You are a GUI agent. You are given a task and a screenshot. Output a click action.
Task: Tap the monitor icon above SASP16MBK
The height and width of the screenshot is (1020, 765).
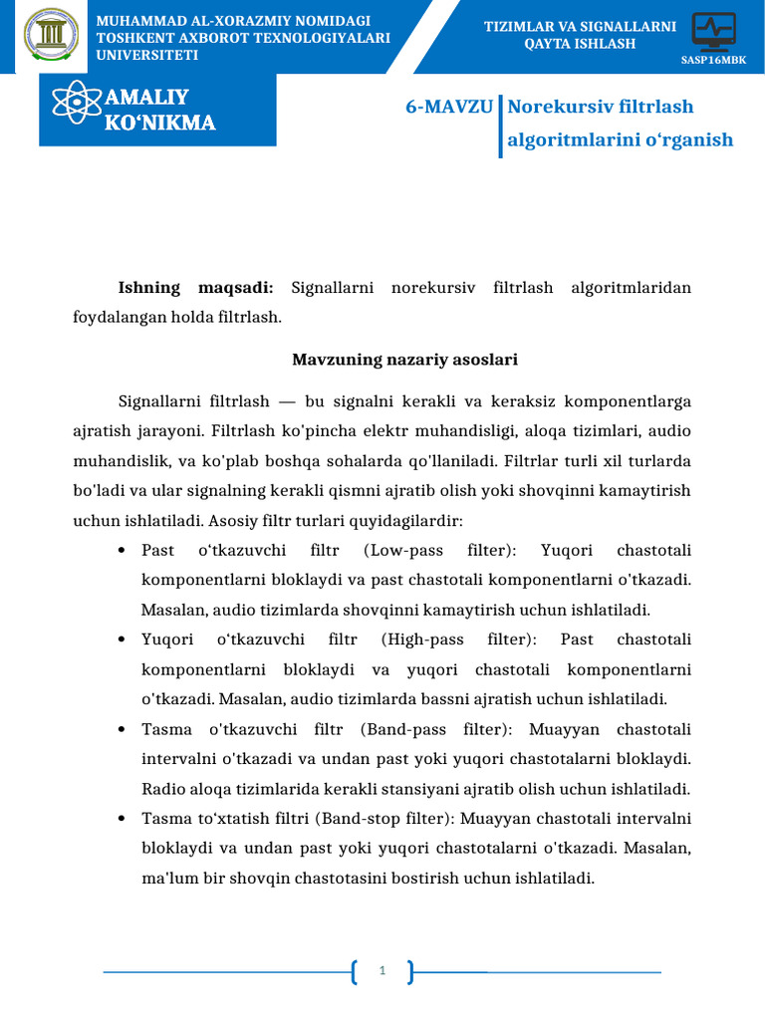713,31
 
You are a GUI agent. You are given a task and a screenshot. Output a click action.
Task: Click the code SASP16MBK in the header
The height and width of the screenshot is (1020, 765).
713,60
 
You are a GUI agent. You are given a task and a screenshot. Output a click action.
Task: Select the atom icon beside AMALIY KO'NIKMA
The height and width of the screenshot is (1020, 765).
77,109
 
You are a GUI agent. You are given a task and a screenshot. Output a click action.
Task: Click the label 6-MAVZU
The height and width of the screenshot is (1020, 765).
448,107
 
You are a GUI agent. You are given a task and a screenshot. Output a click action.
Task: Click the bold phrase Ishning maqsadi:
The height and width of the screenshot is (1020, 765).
195,288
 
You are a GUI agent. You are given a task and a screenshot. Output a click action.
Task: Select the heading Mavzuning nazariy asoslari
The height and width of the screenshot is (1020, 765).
404,359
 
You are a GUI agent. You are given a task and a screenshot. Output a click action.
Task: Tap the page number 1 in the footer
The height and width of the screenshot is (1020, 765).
382,970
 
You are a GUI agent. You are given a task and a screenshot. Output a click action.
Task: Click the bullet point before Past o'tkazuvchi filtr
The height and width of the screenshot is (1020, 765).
122,551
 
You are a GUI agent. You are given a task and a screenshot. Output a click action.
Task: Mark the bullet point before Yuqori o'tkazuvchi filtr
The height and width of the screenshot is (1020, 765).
122,639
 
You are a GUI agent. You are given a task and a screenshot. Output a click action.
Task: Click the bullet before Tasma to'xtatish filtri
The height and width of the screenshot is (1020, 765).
122,819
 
